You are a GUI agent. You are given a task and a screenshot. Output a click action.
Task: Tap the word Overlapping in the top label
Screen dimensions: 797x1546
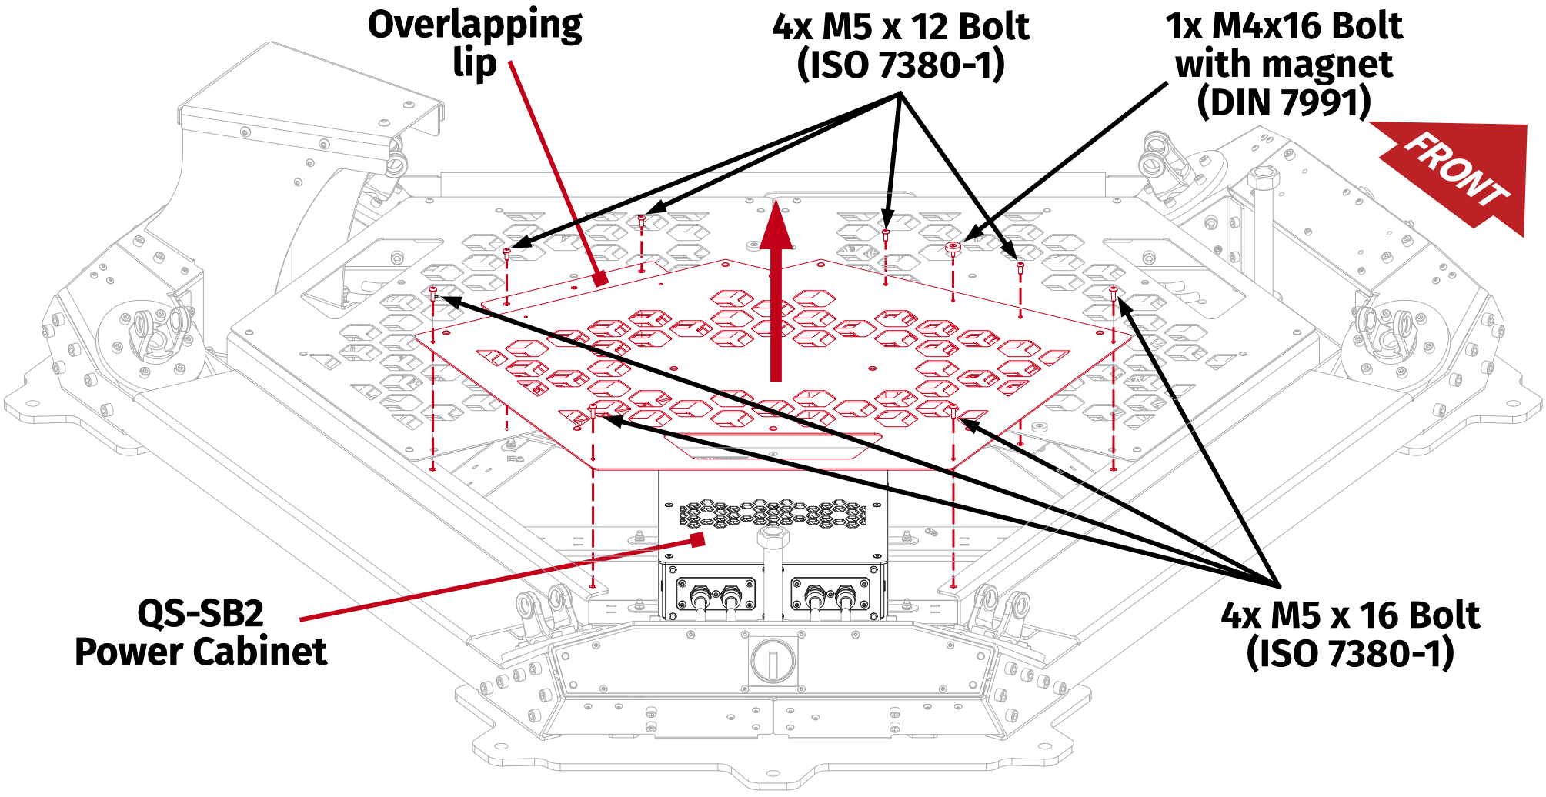pyautogui.click(x=475, y=25)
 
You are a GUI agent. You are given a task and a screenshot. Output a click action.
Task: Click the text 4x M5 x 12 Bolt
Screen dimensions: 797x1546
pyautogui.click(x=900, y=28)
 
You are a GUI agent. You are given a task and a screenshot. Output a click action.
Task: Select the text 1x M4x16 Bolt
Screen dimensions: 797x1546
pyautogui.click(x=1284, y=26)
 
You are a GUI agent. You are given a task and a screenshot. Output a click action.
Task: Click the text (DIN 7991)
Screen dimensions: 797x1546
pyautogui.click(x=1284, y=102)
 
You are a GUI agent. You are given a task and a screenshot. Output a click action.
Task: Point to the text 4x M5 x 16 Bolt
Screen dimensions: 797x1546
pyautogui.click(x=1350, y=615)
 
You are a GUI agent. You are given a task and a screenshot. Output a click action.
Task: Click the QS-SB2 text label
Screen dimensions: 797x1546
pyautogui.click(x=200, y=614)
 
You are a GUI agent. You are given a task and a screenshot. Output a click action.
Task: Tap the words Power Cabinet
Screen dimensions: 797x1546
pyautogui.click(x=200, y=652)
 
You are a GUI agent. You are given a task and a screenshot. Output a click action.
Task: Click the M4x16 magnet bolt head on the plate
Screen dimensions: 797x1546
pyautogui.click(x=953, y=248)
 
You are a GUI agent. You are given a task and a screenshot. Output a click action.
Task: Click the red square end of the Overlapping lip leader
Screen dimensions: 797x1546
pyautogui.click(x=600, y=278)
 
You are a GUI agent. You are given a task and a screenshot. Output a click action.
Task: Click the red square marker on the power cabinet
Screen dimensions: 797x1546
pyautogui.click(x=697, y=539)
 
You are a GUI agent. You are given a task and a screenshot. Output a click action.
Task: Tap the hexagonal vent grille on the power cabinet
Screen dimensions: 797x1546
pyautogui.click(x=773, y=513)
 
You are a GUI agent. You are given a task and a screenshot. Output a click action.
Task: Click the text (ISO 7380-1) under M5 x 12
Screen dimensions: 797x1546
pyautogui.click(x=900, y=65)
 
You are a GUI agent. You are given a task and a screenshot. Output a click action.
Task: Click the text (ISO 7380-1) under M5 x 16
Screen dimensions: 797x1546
pyautogui.click(x=1350, y=654)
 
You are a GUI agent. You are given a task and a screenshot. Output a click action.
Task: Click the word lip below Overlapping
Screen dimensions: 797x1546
pyautogui.click(x=474, y=63)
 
